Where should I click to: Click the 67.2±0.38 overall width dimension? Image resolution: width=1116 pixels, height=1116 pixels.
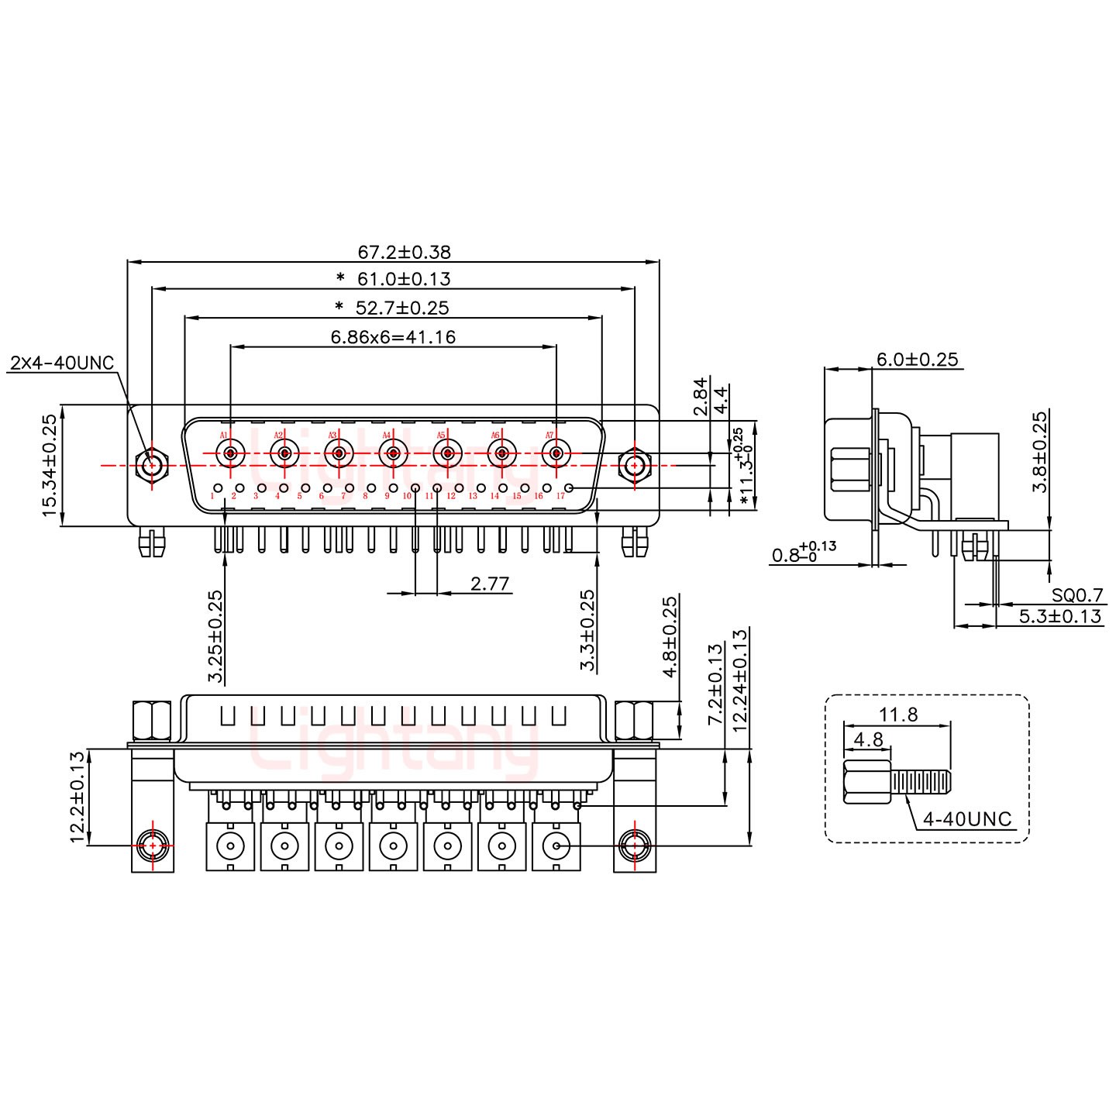(404, 252)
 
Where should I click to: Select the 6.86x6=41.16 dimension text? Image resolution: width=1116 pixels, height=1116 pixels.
(392, 337)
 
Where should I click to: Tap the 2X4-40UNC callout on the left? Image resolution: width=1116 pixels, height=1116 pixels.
(63, 363)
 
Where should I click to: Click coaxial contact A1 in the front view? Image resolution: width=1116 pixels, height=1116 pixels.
(230, 453)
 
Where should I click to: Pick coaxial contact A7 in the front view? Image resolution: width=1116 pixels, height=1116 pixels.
(556, 453)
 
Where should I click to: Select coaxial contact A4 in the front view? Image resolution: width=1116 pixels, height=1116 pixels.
(393, 453)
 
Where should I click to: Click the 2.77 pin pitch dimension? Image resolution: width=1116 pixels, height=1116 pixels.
(490, 583)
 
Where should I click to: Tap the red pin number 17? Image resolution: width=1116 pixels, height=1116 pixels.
(560, 495)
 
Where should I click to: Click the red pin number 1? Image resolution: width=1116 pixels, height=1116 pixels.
(212, 495)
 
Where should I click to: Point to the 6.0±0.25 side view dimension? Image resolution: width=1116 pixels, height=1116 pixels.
(917, 360)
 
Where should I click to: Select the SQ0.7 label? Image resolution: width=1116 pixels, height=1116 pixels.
(1077, 595)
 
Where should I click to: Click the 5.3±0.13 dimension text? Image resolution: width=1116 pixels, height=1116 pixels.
(1060, 616)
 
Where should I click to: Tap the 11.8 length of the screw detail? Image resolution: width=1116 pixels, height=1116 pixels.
(899, 715)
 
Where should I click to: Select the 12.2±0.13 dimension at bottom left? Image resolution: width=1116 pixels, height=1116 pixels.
(77, 797)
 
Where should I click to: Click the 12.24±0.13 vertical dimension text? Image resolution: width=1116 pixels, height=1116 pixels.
(740, 680)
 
